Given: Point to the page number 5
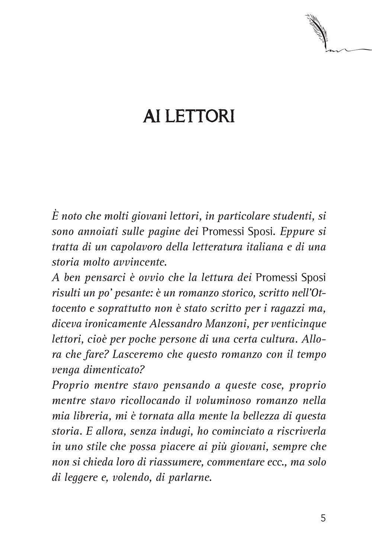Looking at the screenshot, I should [323, 518].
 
